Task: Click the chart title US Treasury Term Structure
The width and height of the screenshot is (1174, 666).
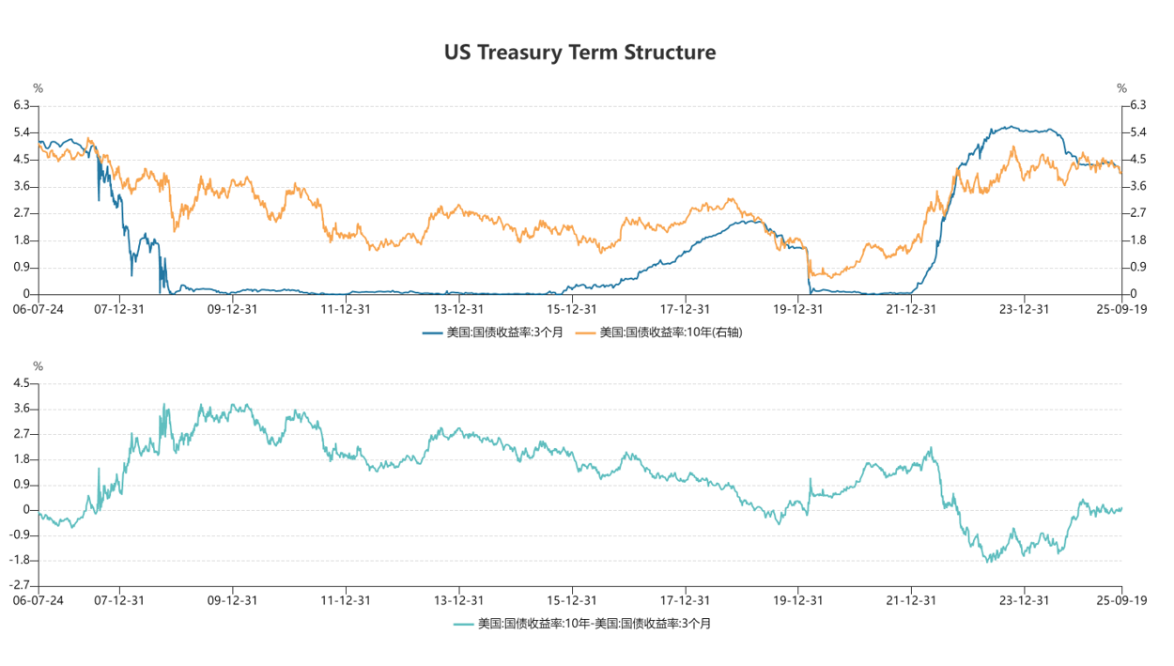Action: pos(579,53)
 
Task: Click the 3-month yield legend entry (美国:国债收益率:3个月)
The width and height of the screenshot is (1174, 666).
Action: pos(492,332)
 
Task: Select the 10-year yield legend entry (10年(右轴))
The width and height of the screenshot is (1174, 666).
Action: pos(658,332)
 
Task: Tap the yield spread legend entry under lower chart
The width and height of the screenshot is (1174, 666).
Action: pos(581,623)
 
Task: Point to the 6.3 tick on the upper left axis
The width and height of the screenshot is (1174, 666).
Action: pos(22,105)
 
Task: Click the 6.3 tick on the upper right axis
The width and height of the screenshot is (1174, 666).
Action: pos(1137,105)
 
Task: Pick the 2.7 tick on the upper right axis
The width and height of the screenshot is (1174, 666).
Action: pos(1137,213)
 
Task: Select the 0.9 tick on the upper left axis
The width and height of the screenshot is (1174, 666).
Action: pos(22,268)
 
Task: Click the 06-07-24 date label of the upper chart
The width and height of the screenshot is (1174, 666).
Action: pos(38,308)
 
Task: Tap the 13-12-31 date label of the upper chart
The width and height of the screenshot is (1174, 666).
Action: pos(458,308)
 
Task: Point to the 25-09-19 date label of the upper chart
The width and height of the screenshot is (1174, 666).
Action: pos(1121,308)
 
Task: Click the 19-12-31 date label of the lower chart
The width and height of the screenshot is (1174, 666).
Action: pos(797,599)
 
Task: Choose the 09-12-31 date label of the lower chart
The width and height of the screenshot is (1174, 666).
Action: pos(232,599)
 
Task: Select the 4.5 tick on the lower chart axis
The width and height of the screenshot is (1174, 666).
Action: pos(22,383)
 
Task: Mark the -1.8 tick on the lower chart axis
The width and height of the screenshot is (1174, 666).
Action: pos(20,560)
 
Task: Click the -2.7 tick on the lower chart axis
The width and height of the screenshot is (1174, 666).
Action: pos(20,585)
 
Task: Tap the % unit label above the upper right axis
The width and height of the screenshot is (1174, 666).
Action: pos(1121,88)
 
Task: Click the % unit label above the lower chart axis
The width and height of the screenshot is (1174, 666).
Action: pos(38,366)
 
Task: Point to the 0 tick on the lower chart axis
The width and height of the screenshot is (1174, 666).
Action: pos(27,510)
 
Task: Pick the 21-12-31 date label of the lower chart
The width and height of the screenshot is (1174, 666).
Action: pos(910,599)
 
